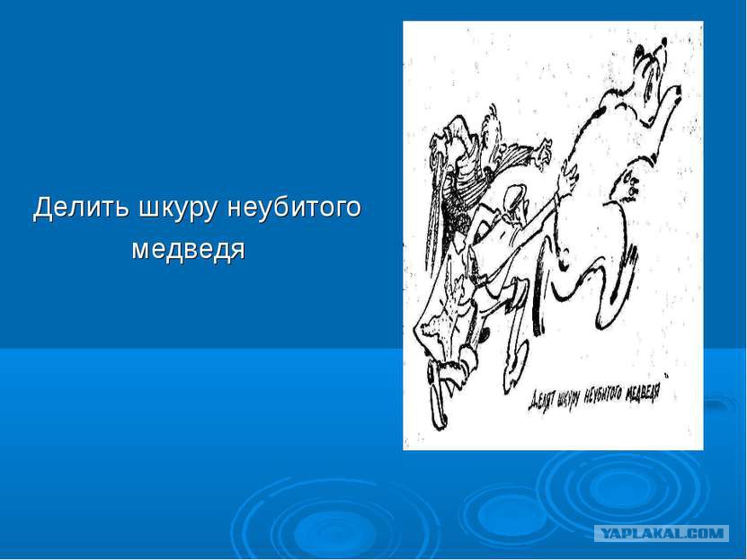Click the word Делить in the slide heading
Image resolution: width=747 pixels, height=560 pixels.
(81, 208)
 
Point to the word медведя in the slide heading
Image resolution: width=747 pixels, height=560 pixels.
(188, 249)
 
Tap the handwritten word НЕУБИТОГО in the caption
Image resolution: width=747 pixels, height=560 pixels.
(602, 394)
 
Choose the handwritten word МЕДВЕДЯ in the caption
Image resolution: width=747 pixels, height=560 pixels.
(643, 390)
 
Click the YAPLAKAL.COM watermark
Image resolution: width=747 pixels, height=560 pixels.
(662, 533)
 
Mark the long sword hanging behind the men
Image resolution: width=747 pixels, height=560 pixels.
(435, 209)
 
